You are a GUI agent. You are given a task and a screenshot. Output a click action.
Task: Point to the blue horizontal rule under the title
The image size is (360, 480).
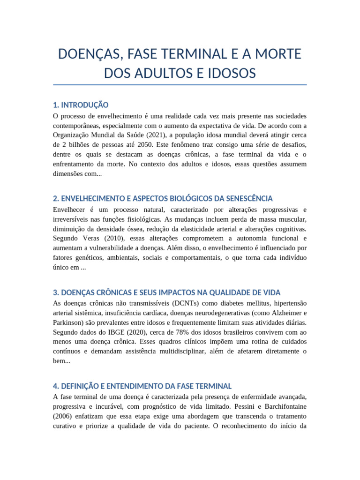tap(180, 85)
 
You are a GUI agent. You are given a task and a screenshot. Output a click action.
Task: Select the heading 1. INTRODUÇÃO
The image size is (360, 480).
tap(81, 105)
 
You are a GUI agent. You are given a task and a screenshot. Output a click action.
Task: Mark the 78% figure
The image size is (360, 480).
tap(182, 332)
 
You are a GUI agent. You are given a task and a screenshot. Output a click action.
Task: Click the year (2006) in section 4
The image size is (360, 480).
tap(64, 416)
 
